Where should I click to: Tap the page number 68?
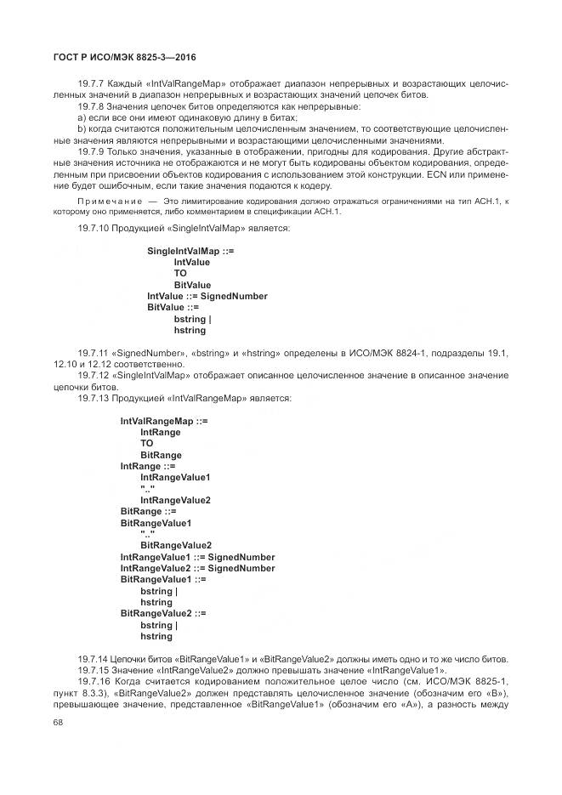click(x=59, y=723)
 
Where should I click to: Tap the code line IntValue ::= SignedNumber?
click(x=207, y=297)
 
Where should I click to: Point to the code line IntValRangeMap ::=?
click(x=164, y=421)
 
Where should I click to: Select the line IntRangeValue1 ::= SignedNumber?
click(x=197, y=557)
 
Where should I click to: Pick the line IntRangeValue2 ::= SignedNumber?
click(x=197, y=568)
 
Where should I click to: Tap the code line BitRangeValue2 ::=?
click(x=163, y=613)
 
